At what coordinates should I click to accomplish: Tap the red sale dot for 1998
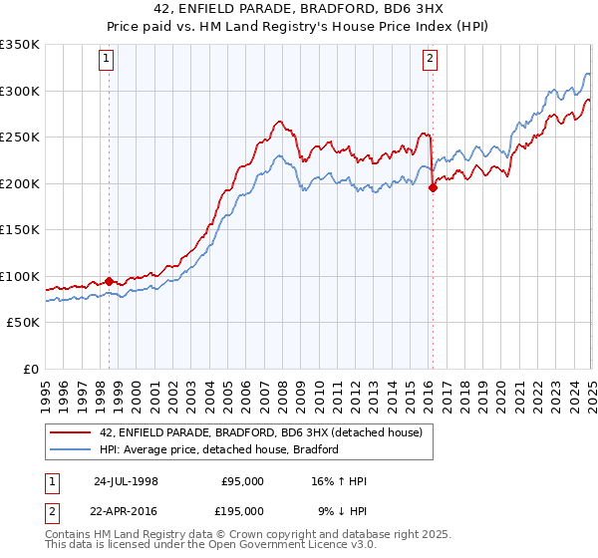click(109, 281)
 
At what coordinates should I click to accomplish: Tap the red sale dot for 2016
click(433, 187)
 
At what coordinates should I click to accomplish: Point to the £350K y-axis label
click(20, 45)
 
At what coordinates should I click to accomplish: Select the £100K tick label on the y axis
click(20, 276)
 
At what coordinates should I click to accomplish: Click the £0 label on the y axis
click(32, 369)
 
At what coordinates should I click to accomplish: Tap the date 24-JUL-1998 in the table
click(126, 481)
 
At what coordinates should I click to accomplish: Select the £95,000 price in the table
click(243, 481)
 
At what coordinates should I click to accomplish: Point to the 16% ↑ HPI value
click(339, 481)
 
